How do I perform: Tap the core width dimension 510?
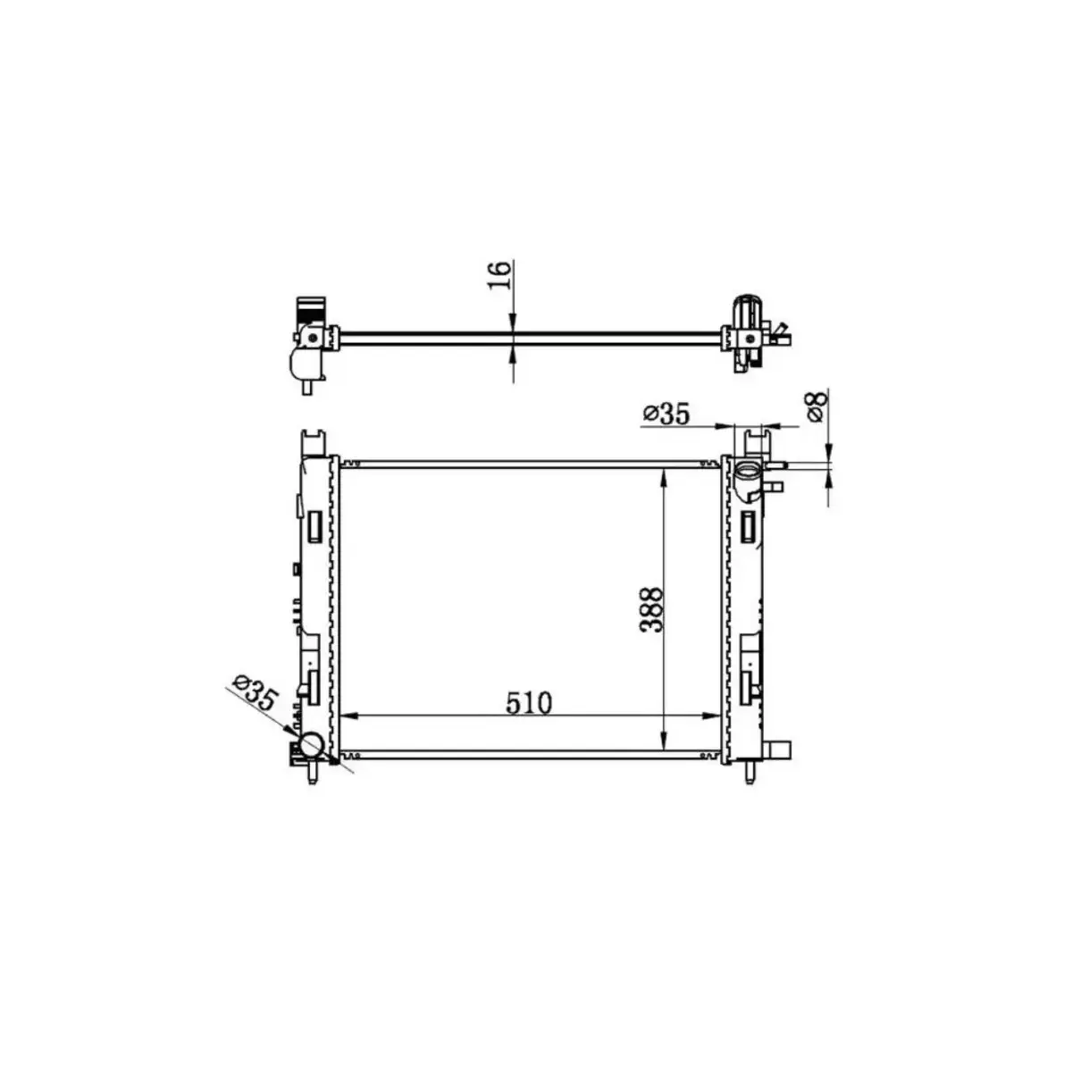click(x=529, y=703)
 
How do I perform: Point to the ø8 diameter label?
click(x=817, y=406)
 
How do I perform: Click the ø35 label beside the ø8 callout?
click(x=666, y=414)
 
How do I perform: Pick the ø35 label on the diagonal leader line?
click(x=255, y=691)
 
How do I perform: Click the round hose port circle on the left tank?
click(x=311, y=745)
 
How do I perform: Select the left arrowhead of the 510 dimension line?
click(x=348, y=716)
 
